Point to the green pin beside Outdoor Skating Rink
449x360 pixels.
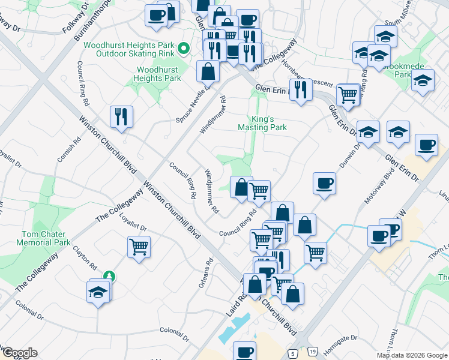tap(185, 48)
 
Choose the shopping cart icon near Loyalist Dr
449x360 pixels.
tap(139, 246)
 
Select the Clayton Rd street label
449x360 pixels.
tap(85, 255)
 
